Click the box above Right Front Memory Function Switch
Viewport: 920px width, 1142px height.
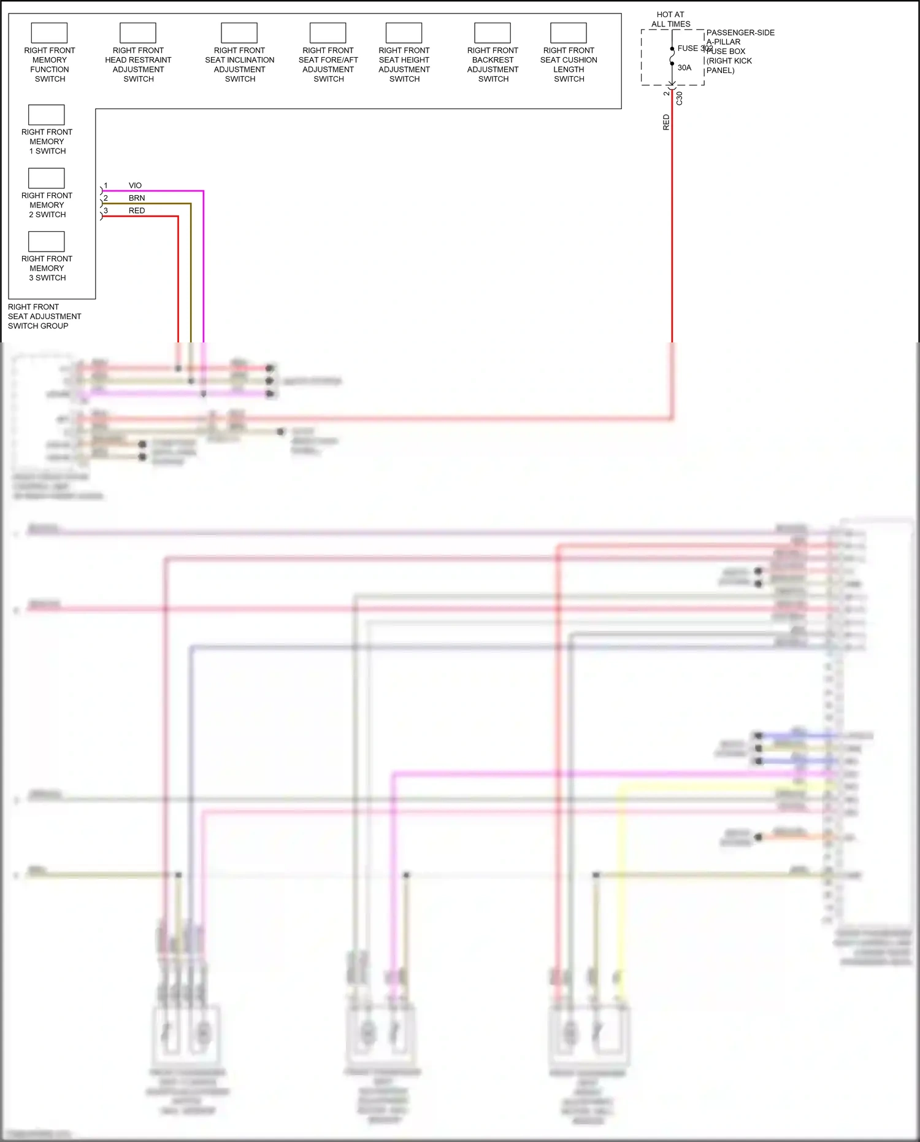coord(49,33)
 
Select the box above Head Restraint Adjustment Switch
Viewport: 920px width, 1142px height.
coord(138,33)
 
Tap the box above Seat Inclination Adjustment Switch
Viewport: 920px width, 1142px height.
coord(239,33)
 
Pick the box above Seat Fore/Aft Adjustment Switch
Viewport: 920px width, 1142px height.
coord(328,33)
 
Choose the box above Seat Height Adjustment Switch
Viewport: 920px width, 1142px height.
coord(404,33)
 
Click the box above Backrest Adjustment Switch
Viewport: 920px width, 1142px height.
coord(493,33)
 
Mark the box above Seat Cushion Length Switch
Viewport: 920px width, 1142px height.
coord(569,33)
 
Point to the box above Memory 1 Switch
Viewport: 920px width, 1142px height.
coord(47,115)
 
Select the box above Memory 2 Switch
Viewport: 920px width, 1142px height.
coord(47,178)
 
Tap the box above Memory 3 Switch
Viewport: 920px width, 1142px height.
coord(47,241)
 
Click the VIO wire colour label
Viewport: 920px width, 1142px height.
coord(135,185)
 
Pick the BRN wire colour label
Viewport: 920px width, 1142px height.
coord(137,198)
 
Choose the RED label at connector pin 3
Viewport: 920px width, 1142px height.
coord(137,210)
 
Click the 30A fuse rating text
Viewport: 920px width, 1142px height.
coord(684,68)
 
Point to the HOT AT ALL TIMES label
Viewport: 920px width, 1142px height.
coord(670,19)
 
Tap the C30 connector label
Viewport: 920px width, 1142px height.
coord(680,98)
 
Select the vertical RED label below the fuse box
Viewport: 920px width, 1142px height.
coord(666,122)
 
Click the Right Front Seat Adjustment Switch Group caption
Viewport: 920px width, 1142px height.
coord(44,316)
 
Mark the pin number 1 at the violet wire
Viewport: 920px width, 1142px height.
coord(105,185)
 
